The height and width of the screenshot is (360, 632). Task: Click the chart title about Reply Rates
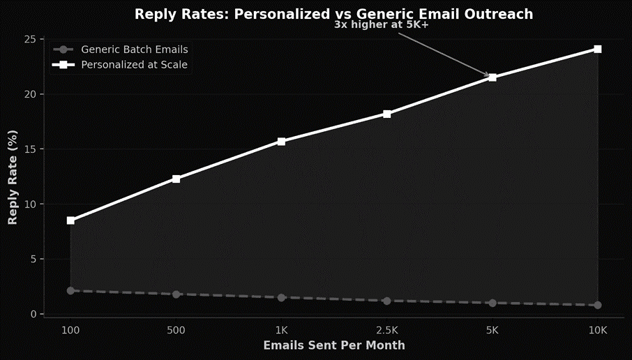coord(333,14)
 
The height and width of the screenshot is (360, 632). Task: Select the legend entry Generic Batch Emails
coord(134,50)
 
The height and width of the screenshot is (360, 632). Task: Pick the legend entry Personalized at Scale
coord(134,65)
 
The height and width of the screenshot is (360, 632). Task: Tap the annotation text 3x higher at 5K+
coord(381,25)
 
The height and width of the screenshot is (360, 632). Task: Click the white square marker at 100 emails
coord(70,220)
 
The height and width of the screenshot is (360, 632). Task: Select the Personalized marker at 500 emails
coord(176,179)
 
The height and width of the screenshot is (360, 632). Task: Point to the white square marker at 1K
coord(281,142)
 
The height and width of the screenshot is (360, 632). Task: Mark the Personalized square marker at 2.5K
coord(387,114)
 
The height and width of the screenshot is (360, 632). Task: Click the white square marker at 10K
coord(598,49)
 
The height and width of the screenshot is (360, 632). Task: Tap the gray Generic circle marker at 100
coord(70,291)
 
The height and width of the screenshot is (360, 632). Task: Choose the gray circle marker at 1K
coord(281,297)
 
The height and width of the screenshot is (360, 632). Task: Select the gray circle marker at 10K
coord(598,305)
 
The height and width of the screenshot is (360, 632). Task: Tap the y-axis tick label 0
coord(32,314)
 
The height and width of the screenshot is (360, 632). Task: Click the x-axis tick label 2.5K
coord(387,330)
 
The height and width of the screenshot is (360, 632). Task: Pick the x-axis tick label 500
coord(176,330)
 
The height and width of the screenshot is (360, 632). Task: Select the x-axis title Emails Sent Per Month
coord(333,345)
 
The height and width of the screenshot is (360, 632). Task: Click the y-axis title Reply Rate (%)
coord(13,177)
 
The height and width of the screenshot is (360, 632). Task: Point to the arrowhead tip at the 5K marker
coord(490,76)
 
